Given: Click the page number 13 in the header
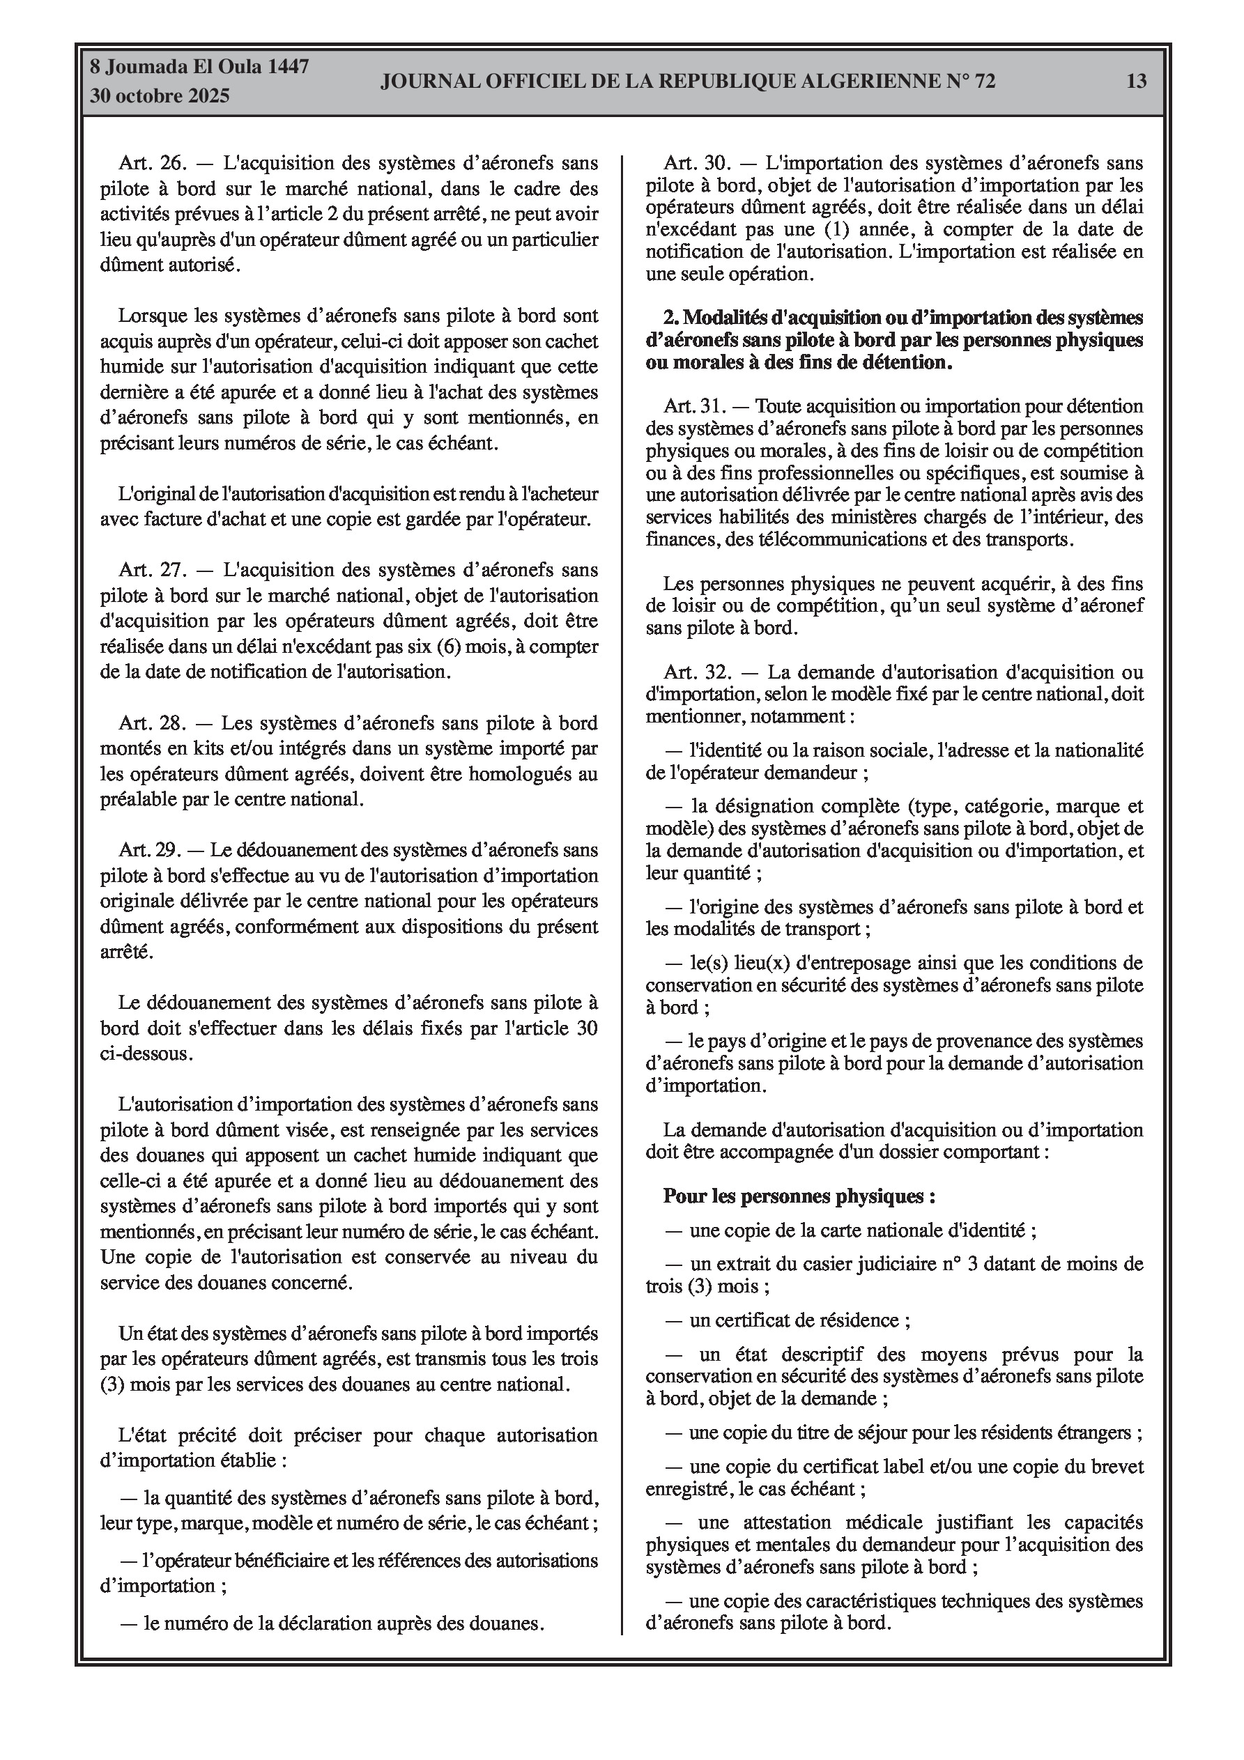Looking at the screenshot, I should click(x=1136, y=82).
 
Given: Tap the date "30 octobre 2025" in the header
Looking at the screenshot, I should click(x=160, y=97).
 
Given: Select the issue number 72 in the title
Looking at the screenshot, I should click(x=985, y=82).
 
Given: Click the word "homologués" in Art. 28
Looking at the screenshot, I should click(x=514, y=774).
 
